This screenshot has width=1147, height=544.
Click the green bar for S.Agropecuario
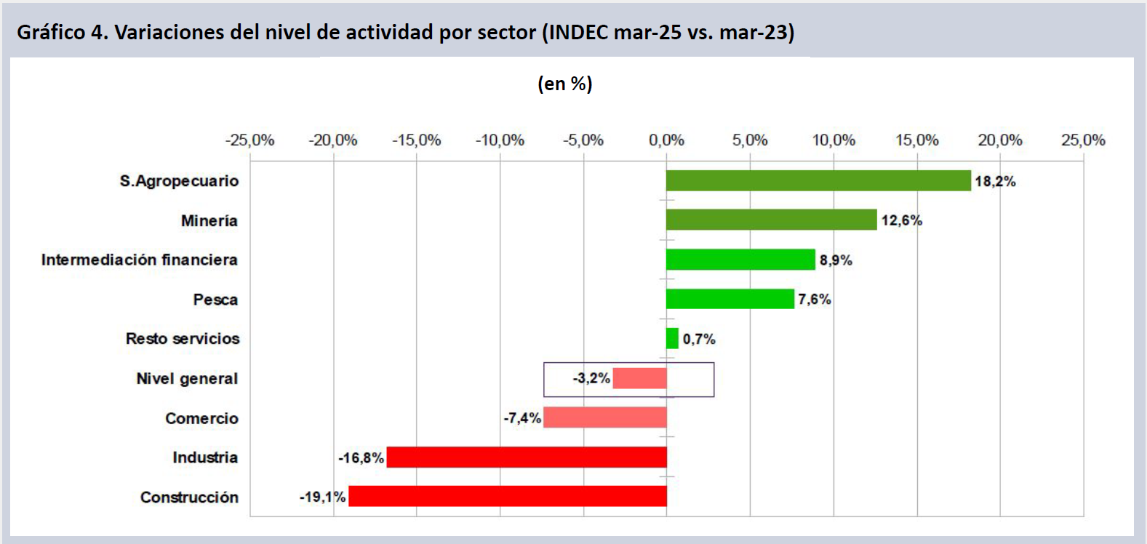pyautogui.click(x=818, y=180)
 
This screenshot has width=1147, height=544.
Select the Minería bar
pyautogui.click(x=771, y=220)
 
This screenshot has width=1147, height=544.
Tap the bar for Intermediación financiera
pyautogui.click(x=740, y=260)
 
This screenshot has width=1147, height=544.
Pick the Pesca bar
pyautogui.click(x=730, y=299)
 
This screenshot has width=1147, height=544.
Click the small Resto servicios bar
pyautogui.click(x=672, y=338)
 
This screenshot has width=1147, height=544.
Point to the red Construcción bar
pyautogui.click(x=508, y=496)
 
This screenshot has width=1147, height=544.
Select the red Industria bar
pyautogui.click(x=527, y=457)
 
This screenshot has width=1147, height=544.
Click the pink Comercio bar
pyautogui.click(x=604, y=417)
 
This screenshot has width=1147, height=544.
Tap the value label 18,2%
pyautogui.click(x=995, y=181)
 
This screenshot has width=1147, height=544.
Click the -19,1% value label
pyautogui.click(x=322, y=497)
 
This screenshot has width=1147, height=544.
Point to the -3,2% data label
pyautogui.click(x=591, y=378)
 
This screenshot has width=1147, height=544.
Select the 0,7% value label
pyautogui.click(x=699, y=339)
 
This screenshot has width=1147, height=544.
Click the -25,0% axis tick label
pyautogui.click(x=249, y=140)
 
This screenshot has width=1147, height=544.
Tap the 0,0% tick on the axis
pyautogui.click(x=666, y=140)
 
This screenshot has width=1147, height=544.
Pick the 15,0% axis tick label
pyautogui.click(x=916, y=140)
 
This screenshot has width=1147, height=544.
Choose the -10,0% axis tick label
pyautogui.click(x=500, y=140)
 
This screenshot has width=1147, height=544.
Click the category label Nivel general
pyautogui.click(x=187, y=378)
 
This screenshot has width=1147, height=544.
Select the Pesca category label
pyautogui.click(x=215, y=300)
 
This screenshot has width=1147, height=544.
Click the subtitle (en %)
pyautogui.click(x=565, y=84)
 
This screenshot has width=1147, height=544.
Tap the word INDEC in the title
pyautogui.click(x=578, y=32)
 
